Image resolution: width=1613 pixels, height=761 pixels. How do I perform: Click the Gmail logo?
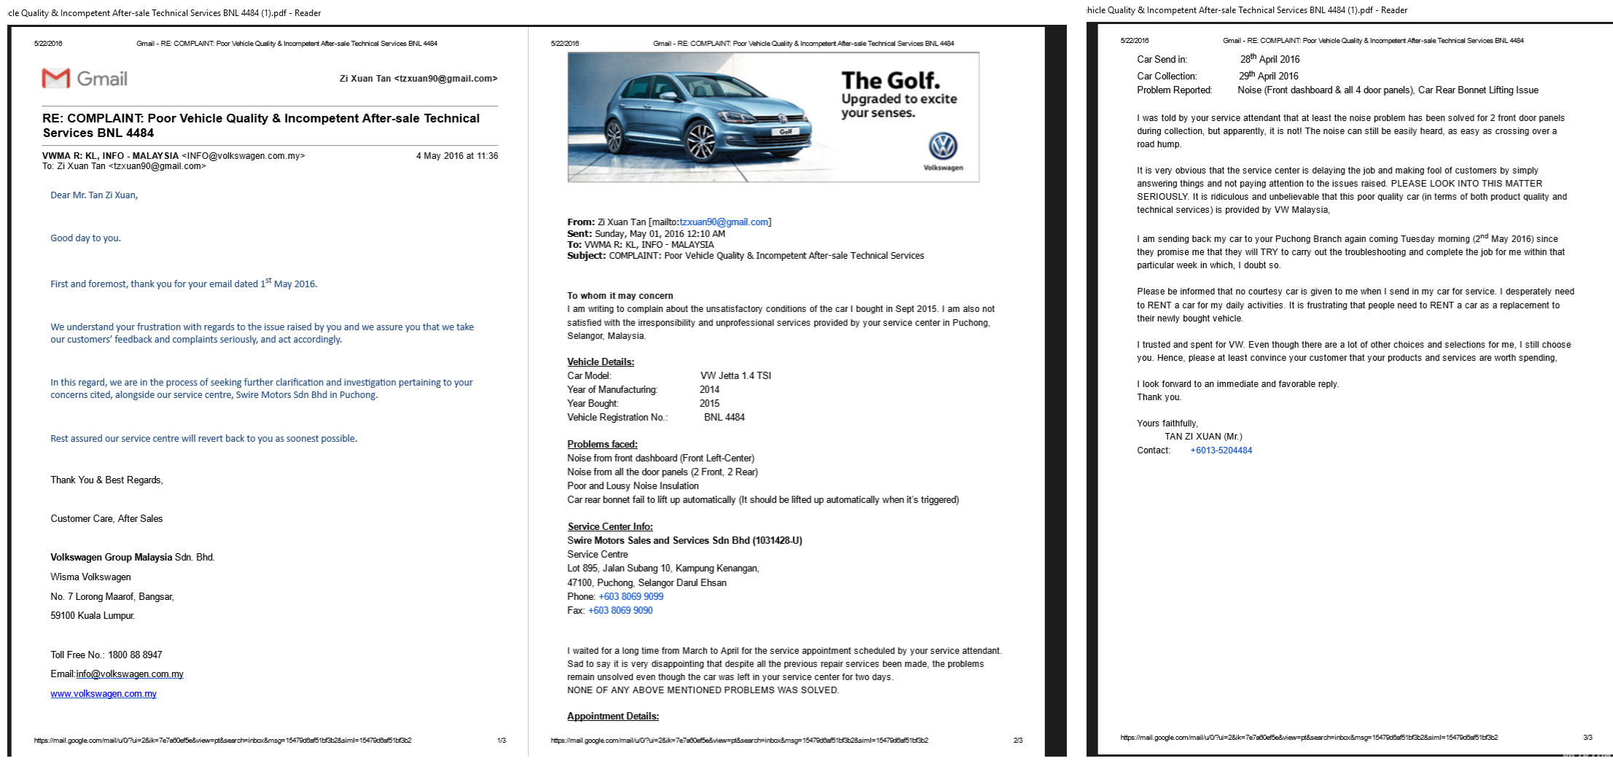(85, 79)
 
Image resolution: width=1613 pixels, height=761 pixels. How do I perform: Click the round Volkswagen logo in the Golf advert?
(943, 147)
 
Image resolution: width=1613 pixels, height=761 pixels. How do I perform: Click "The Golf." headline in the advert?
(890, 80)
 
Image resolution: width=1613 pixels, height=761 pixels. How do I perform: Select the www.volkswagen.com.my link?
(104, 694)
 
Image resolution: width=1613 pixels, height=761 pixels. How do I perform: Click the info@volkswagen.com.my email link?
(130, 674)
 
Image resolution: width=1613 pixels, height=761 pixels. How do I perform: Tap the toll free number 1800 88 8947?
(135, 655)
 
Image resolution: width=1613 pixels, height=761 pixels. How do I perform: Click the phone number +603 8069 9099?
(631, 596)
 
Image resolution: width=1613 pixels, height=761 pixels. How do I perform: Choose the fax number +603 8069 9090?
(621, 610)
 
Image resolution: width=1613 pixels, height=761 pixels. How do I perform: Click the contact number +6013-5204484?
(1221, 450)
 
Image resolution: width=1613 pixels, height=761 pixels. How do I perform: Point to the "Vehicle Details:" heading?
(601, 362)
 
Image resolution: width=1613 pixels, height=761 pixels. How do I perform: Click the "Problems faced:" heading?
(602, 445)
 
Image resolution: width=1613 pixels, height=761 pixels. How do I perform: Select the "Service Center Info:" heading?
(610, 527)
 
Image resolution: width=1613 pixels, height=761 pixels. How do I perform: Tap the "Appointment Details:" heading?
(613, 717)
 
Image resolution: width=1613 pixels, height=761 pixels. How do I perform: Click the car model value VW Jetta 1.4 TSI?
(736, 376)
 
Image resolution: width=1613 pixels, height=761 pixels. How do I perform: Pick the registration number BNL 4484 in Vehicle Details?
(724, 418)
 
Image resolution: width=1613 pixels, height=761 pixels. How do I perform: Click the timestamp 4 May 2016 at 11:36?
(457, 156)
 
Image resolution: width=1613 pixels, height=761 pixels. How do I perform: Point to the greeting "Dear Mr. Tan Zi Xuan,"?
(94, 195)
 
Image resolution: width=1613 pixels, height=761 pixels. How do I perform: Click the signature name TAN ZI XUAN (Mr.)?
(1203, 437)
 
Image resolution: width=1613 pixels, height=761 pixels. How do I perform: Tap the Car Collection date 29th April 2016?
(1268, 76)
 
